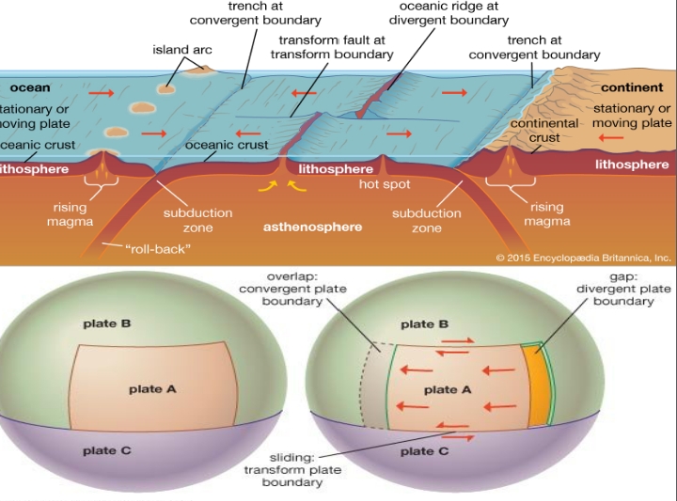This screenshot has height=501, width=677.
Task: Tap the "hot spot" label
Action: point(385,184)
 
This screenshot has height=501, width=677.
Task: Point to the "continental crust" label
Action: point(543,131)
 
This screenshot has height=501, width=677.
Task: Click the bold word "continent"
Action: point(632,87)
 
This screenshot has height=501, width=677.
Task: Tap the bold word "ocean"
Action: point(30,87)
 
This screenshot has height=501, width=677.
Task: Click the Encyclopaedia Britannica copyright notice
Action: point(583,256)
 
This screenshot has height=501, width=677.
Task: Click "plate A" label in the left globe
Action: point(152,388)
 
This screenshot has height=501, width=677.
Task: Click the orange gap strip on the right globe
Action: point(537,382)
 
